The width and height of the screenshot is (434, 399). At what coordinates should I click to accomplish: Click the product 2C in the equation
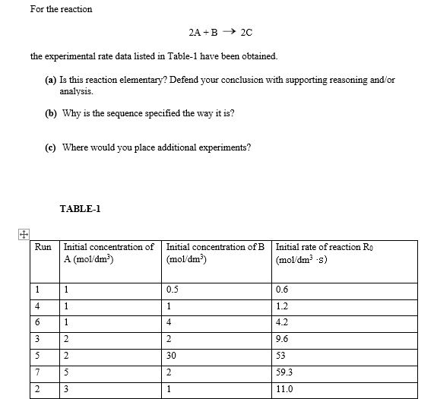[246, 33]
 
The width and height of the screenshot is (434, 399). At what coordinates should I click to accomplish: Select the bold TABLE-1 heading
[80, 208]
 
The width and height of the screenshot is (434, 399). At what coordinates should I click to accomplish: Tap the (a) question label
[50, 80]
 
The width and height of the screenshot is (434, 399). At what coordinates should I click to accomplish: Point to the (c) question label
[50, 147]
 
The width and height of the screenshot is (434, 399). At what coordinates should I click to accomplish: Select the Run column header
[43, 247]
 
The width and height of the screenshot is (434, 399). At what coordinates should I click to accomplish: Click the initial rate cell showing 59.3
[287, 373]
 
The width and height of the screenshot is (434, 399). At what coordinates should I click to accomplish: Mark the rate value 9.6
[284, 339]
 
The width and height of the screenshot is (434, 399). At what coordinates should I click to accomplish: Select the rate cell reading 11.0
[286, 391]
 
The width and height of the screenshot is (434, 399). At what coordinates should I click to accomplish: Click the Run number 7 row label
[36, 373]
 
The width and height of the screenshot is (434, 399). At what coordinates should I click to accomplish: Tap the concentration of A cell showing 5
[67, 373]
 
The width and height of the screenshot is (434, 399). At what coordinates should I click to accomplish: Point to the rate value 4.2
[284, 322]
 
